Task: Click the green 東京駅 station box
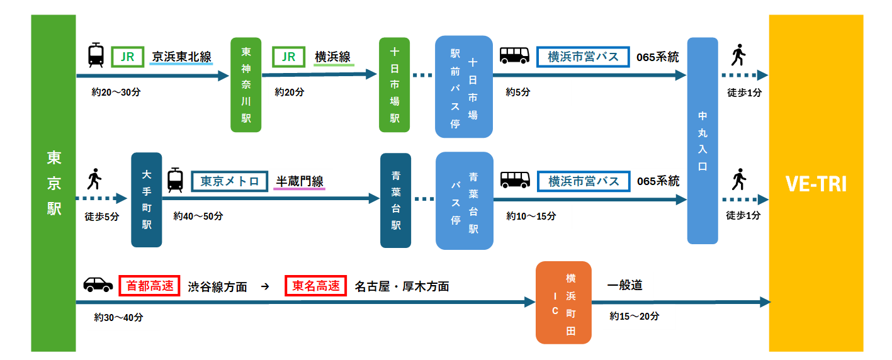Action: [54, 183]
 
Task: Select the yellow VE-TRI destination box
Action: [816, 183]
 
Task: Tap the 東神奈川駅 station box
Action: [246, 85]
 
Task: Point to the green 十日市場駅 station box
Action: [395, 85]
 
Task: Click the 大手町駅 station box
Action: [147, 200]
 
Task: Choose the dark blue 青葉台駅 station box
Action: [395, 200]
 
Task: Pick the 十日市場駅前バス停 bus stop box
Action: [464, 87]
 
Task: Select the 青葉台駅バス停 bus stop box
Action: [465, 201]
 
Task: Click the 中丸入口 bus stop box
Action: [703, 140]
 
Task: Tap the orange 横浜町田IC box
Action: [563, 303]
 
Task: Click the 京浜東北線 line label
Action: [182, 57]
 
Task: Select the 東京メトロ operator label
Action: [230, 182]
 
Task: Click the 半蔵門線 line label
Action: [300, 182]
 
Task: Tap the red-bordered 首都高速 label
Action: [150, 286]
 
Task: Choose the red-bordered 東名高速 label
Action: [316, 286]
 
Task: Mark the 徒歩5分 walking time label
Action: [102, 217]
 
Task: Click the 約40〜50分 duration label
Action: [198, 217]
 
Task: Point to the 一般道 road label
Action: [626, 285]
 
